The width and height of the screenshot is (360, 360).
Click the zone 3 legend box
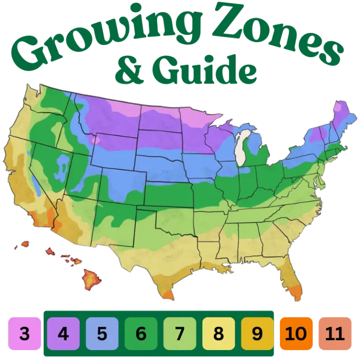coord(24,334)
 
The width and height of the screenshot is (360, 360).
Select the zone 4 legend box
coord(63,334)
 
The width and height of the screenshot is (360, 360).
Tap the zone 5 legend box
coord(102,334)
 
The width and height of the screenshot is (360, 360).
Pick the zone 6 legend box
coord(141,334)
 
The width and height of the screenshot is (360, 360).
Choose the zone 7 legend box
coord(180,334)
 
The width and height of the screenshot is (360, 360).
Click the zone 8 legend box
coord(218,334)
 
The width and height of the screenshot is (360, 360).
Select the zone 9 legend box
coord(257,334)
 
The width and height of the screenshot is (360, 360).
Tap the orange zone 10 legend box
coord(296,334)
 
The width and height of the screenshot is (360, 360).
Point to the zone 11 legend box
coord(335,334)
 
